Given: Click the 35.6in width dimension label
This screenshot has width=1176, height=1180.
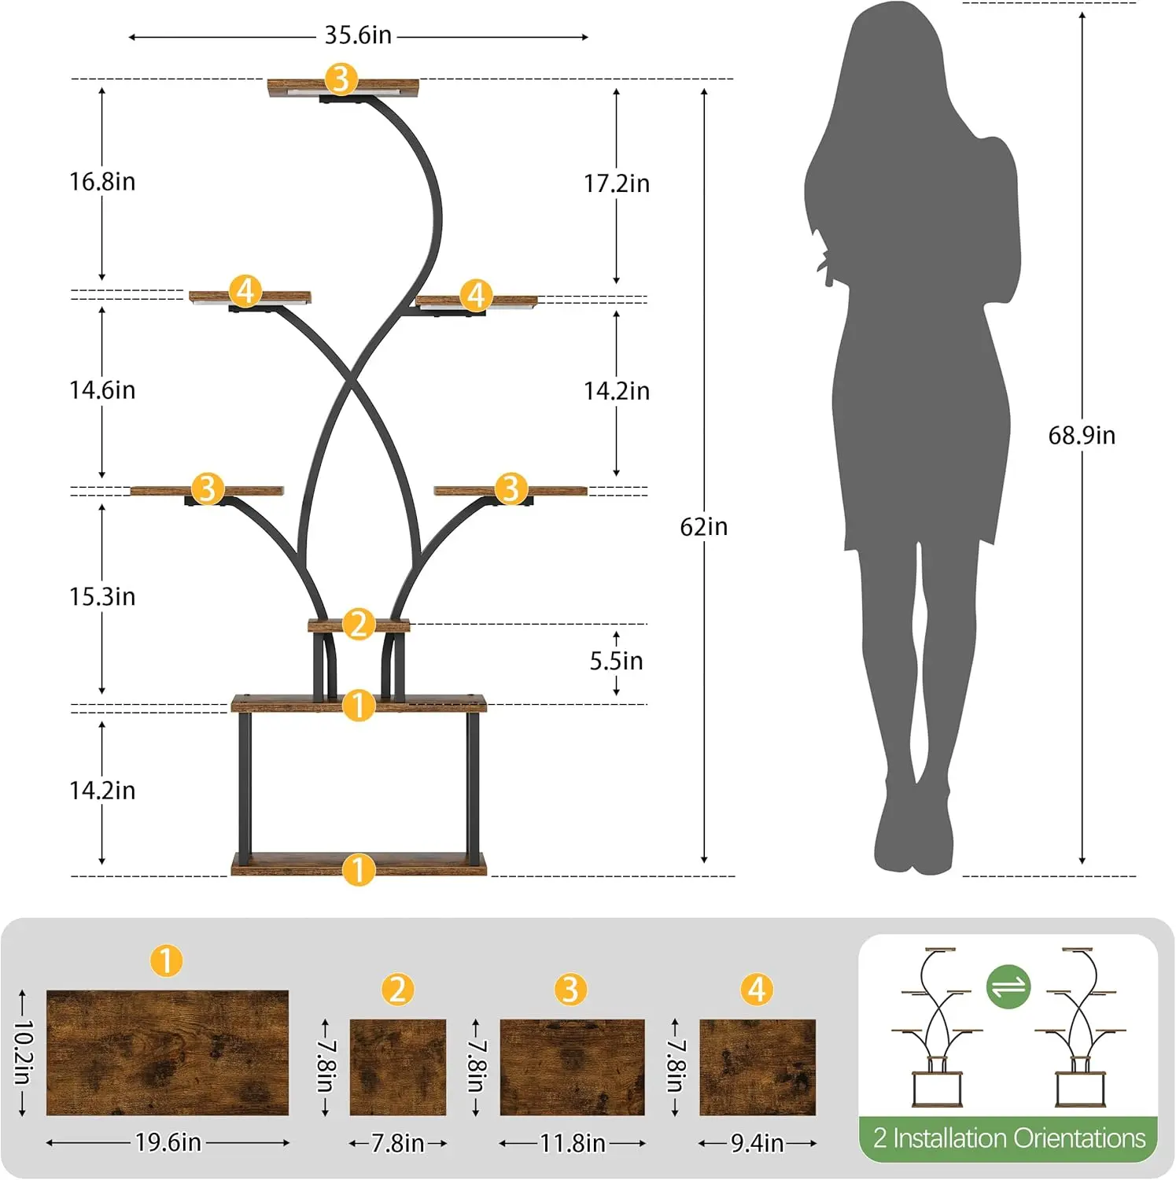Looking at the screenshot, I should pos(358,35).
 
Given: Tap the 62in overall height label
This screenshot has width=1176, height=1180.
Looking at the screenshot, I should pos(704,526).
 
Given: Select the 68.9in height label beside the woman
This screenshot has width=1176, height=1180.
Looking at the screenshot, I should pos(1082,435).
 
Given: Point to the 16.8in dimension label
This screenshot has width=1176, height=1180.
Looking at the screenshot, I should pos(102,182).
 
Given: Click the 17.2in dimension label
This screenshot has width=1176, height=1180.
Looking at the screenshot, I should pos(617,183).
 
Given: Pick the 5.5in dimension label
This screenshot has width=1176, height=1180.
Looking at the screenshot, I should pos(617,661).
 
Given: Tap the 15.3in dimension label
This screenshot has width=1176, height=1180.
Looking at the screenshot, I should pos(102,596).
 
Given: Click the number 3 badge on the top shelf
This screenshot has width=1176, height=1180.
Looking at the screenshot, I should pos(341,79).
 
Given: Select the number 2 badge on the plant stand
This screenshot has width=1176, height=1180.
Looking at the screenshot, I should pos(359,624).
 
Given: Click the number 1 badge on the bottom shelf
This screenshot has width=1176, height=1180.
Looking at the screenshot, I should pos(359,870).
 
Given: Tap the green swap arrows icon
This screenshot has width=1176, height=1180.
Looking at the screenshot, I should pos(1008,986).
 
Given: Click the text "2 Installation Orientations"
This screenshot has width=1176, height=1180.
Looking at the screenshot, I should pos(1009,1138).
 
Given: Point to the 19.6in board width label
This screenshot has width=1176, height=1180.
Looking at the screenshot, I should pos(168,1142).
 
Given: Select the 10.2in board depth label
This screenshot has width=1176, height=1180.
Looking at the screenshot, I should pos(24,1053).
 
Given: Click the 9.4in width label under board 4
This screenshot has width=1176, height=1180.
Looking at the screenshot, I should pos(758,1143).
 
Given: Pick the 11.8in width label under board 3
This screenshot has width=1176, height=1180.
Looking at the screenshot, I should pos(573,1143).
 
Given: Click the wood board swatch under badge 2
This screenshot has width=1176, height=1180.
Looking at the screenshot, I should pos(397,1068).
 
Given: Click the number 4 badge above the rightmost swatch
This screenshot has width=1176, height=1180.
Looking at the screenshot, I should pos(758,990).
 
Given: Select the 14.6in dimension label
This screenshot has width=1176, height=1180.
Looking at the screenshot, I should pos(102,390).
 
